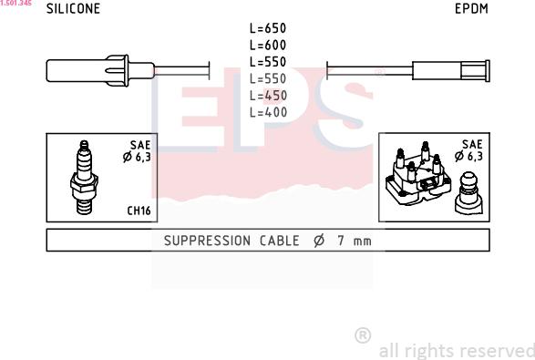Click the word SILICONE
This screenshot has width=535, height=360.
pyautogui.click(x=73, y=8)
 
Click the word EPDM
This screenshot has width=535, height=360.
pyautogui.click(x=471, y=8)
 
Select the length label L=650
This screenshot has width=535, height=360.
pyautogui.click(x=268, y=28)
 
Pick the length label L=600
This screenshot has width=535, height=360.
pyautogui.click(x=268, y=45)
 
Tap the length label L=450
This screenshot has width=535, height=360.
pyautogui.click(x=268, y=96)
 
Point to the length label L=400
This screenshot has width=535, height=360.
pyautogui.click(x=268, y=112)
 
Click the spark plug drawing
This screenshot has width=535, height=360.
pyautogui.click(x=84, y=178)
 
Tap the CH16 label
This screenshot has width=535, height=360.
pyautogui.click(x=139, y=211)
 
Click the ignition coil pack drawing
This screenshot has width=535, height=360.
pyautogui.click(x=418, y=173)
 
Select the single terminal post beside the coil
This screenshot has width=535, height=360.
pyautogui.click(x=468, y=193)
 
